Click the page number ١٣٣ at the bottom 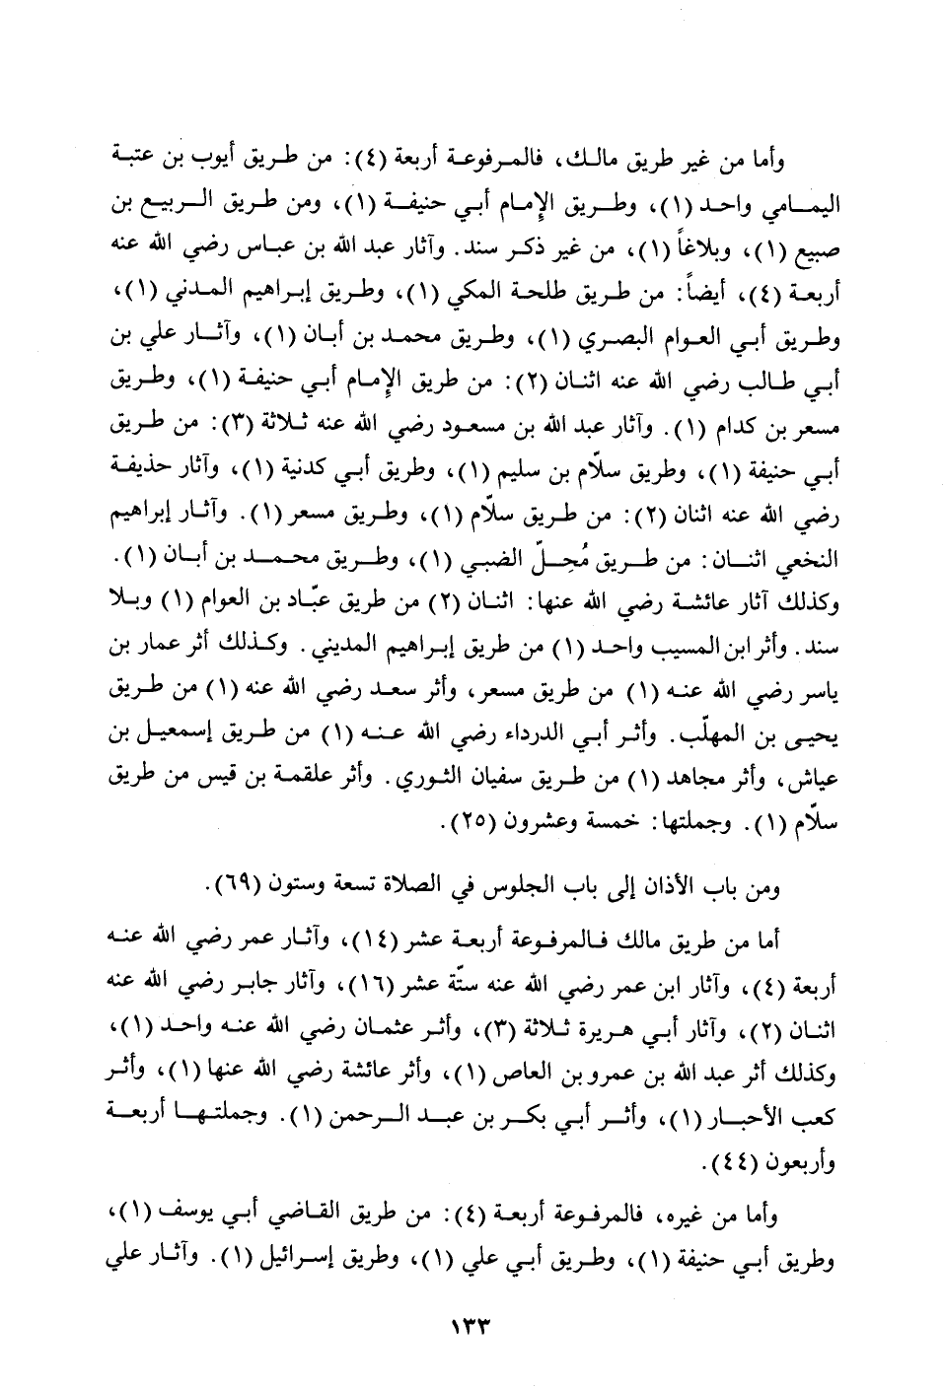pyautogui.click(x=471, y=1322)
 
